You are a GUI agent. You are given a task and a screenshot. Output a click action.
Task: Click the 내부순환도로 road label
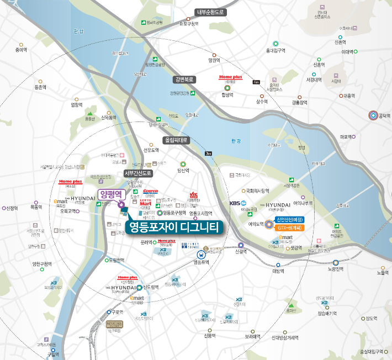211,12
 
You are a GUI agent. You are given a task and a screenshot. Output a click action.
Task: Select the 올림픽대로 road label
176,140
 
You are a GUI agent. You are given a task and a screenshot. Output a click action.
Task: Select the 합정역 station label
227,94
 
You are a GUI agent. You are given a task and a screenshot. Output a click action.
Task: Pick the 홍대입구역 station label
276,51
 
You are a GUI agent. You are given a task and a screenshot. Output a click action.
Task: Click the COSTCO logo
151,191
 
